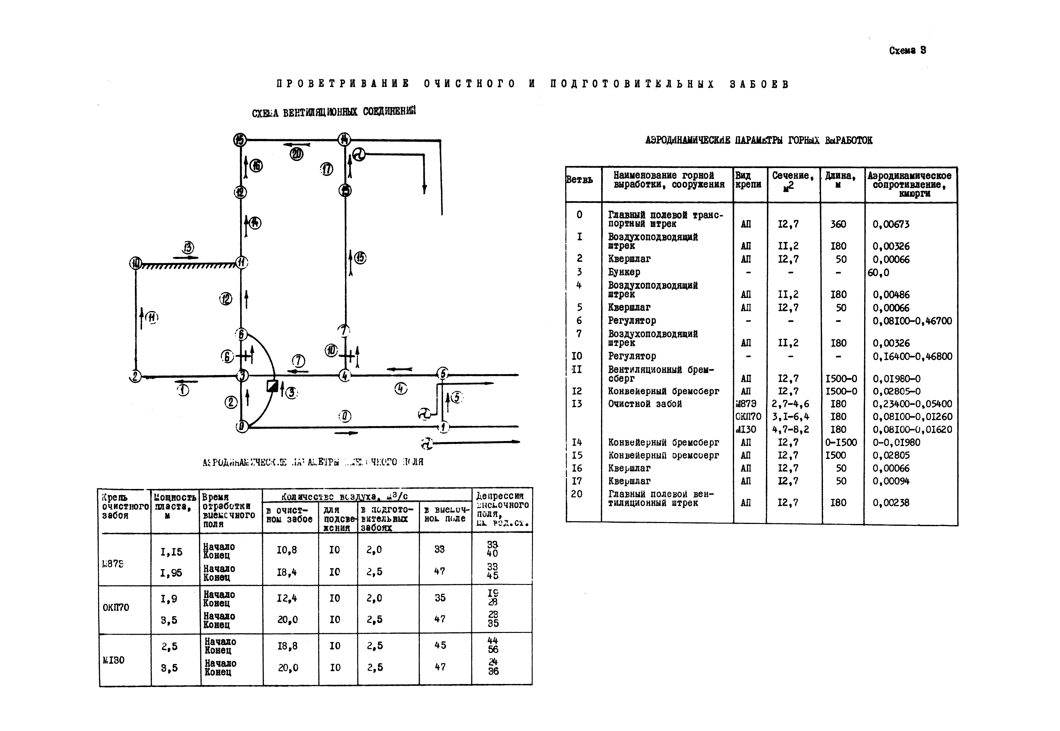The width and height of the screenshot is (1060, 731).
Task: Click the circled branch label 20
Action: pos(296,154)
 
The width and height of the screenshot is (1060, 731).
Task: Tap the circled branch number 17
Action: pos(327,169)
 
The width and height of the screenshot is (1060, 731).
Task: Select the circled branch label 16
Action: pos(257,165)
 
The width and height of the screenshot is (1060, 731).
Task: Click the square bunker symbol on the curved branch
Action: pos(272,386)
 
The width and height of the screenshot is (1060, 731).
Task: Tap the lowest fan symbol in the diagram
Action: pos(426,443)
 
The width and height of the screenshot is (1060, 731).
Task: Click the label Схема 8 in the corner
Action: pos(907,50)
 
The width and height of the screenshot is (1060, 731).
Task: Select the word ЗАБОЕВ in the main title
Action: pos(759,84)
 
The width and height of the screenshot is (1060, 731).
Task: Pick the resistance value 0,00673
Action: pos(890,224)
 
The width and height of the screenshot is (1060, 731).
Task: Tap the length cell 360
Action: pos(838,224)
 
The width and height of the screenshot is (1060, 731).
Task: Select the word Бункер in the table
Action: pos(624,272)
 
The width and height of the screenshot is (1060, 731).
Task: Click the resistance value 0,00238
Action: pos(890,503)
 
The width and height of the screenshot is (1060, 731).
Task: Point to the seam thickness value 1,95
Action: pos(171,573)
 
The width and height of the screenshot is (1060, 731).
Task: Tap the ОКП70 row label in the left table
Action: pos(116,607)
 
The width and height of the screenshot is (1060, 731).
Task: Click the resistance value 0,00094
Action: pos(890,481)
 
